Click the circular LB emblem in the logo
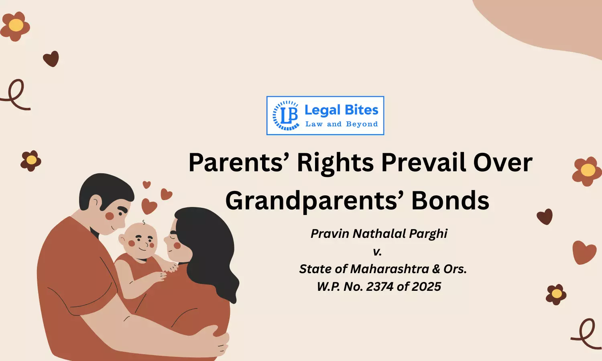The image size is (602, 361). tap(286, 116)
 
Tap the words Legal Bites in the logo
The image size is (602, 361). tap(341, 110)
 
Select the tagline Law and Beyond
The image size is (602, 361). tap(342, 124)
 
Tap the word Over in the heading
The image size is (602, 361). tap(502, 163)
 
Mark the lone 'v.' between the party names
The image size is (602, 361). tap(377, 252)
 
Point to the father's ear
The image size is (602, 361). tap(96, 202)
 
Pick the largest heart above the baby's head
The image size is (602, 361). tap(149, 207)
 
